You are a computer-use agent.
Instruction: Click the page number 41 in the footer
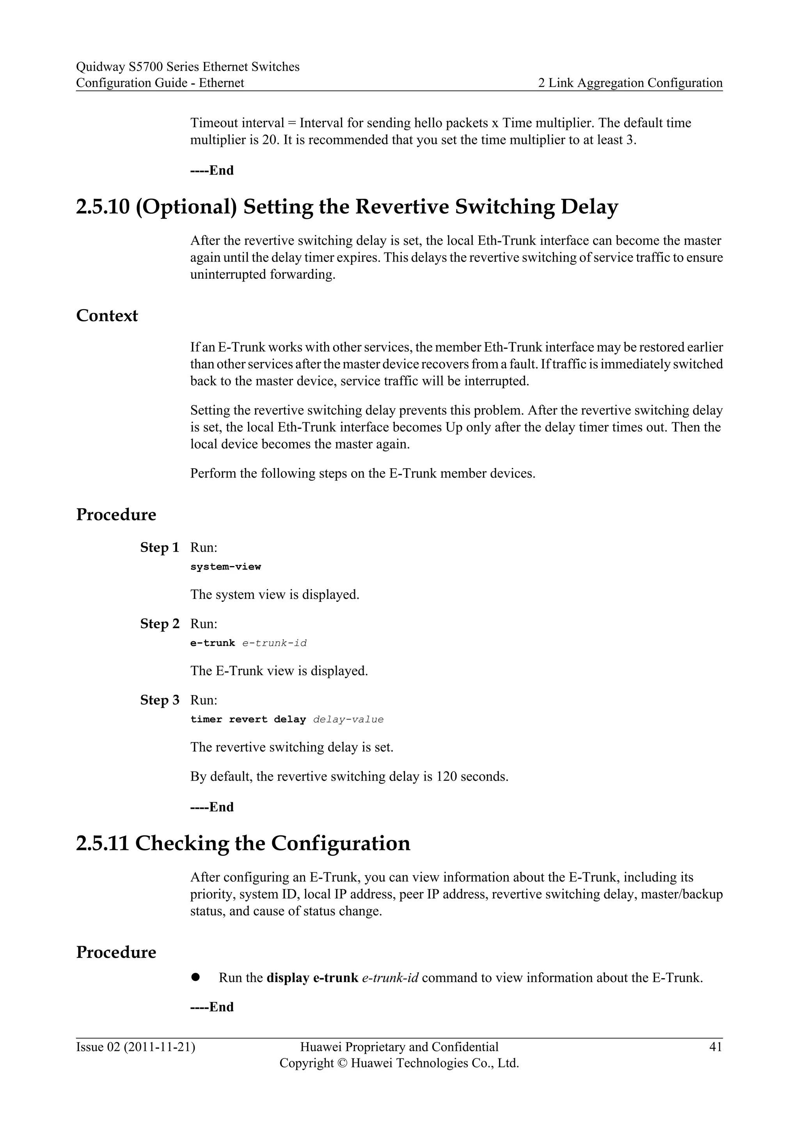tap(716, 1047)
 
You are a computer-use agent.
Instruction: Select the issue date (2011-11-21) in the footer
tap(160, 1047)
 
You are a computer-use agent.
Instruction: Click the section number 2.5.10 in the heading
tap(102, 207)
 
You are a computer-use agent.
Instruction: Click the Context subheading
tap(107, 316)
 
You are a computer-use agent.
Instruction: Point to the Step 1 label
tap(160, 547)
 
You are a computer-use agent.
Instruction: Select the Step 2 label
tap(160, 623)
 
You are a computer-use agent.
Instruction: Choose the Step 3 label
tap(160, 700)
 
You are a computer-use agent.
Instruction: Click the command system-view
tap(225, 566)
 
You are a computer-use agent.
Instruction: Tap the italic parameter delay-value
tap(348, 719)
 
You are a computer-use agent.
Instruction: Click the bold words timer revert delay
tap(248, 719)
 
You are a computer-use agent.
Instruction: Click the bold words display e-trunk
tap(312, 978)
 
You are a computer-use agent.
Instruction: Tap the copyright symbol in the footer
tap(343, 1063)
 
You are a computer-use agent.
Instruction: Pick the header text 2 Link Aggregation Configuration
tap(630, 83)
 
